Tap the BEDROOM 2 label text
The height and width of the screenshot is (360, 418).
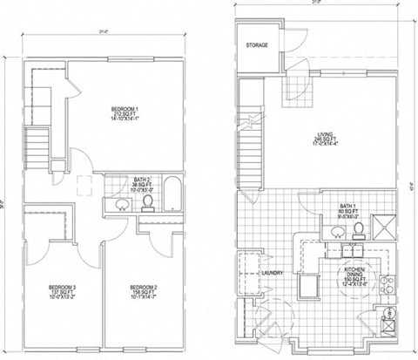(141, 286)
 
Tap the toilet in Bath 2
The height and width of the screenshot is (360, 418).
(148, 202)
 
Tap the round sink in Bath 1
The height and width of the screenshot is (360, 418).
(335, 233)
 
